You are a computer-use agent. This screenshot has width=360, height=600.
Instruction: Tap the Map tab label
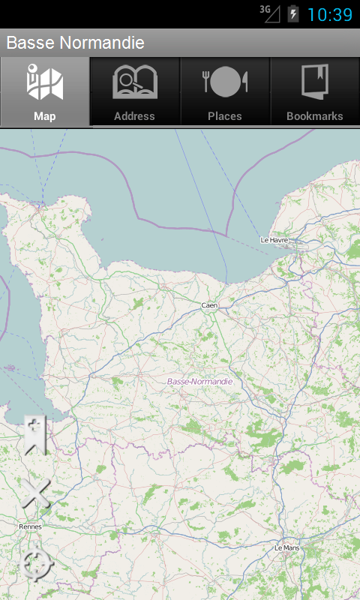45,116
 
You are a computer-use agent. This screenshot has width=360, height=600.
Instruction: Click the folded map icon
45,83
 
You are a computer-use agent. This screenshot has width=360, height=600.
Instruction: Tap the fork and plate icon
225,82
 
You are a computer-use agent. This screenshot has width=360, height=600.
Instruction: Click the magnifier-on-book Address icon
135,82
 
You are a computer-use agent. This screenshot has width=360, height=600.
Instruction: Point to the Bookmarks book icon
315,82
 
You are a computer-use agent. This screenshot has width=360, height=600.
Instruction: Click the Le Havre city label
274,240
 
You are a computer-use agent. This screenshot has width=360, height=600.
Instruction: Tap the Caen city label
209,305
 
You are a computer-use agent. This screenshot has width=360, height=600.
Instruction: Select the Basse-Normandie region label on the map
199,382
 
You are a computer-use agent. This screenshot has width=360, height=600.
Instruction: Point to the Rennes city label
30,526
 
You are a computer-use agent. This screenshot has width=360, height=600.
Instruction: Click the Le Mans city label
287,548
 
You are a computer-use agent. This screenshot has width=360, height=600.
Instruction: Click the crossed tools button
35,494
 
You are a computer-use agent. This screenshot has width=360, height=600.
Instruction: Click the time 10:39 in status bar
330,14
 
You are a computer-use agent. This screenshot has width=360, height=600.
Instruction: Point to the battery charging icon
293,14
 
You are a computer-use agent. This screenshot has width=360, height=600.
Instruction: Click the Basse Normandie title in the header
75,43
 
